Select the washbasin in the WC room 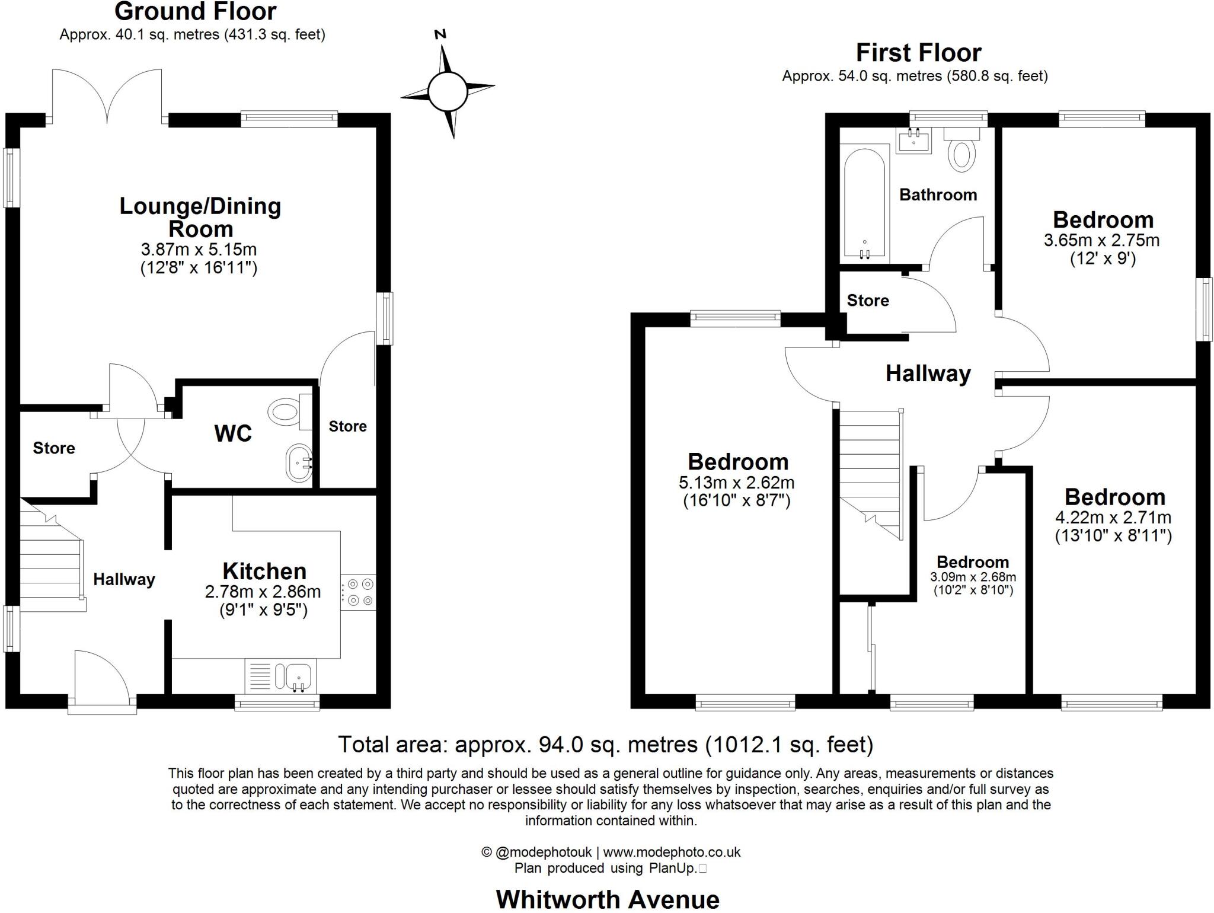(299, 463)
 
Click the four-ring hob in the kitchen (359, 592)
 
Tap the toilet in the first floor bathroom (962, 152)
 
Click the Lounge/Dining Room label (200, 217)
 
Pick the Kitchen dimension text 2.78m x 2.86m (263, 592)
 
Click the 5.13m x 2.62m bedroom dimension (737, 483)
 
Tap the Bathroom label (938, 195)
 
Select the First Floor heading (918, 53)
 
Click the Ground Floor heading (195, 12)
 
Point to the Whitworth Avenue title (608, 899)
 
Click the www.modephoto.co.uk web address (672, 852)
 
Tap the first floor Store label (868, 301)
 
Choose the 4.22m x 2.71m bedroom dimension (1113, 518)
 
